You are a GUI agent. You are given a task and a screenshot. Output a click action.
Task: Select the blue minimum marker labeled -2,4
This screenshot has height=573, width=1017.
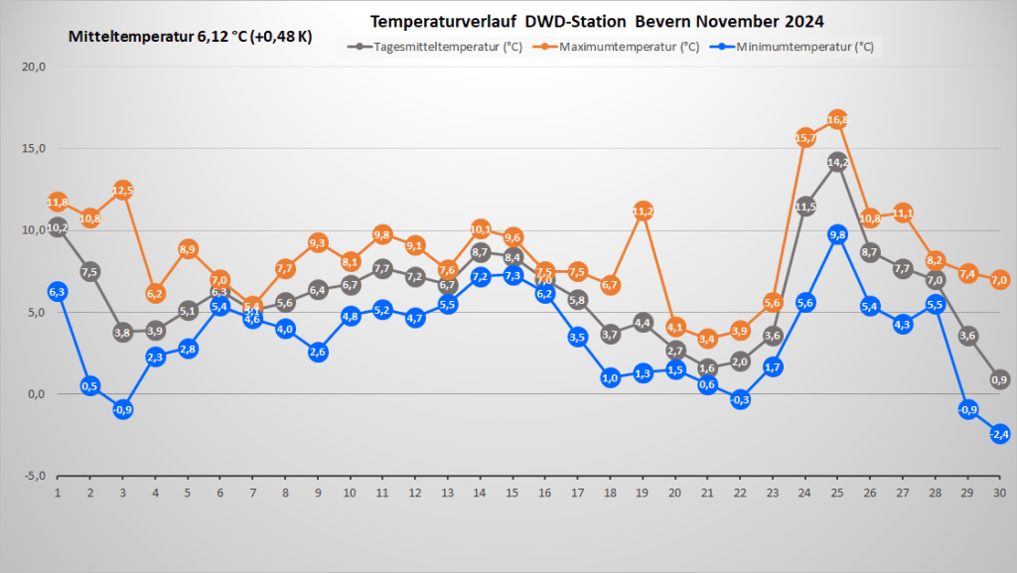coord(1000,433)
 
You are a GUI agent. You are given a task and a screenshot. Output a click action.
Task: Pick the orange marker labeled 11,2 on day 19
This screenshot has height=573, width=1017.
coord(643,211)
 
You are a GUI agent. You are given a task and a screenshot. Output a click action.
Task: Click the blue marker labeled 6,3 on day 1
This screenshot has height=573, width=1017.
coord(58,291)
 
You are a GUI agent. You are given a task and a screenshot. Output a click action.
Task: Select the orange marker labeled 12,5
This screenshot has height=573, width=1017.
coord(123,190)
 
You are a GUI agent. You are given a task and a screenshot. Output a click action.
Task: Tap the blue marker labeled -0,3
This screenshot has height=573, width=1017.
coord(740,399)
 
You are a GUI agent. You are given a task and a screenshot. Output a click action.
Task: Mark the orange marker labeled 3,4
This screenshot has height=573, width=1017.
coord(707,339)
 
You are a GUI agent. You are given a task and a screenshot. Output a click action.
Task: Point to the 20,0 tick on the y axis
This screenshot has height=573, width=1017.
coord(34,68)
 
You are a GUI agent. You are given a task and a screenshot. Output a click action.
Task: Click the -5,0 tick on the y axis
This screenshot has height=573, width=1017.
coord(34,476)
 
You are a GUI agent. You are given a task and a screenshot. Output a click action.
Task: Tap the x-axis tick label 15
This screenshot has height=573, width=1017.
coord(512,492)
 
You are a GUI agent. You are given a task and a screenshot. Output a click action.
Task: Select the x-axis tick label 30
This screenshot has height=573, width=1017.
coord(999,492)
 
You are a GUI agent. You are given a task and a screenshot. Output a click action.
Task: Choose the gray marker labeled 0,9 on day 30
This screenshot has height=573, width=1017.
coord(1000,379)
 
